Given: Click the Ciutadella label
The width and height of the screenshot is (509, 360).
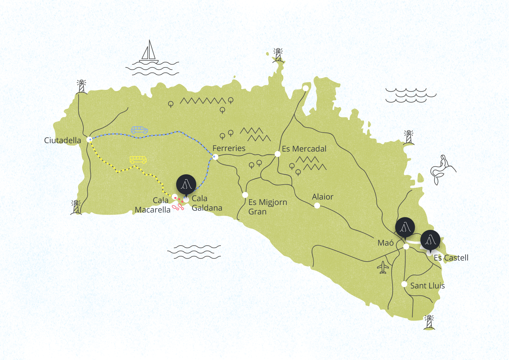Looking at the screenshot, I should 62,140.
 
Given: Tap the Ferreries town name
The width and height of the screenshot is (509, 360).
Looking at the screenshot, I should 229,148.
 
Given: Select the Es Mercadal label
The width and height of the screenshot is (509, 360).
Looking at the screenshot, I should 304,149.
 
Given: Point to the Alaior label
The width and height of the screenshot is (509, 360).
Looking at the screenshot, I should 323,197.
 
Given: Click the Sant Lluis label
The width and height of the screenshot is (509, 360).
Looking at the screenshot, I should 427,286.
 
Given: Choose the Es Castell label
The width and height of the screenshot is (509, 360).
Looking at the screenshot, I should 451,258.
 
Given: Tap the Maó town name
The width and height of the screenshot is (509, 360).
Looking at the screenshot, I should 385,243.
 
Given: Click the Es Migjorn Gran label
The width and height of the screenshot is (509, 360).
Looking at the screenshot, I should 268,207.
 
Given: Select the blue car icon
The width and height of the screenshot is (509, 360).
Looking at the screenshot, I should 139,130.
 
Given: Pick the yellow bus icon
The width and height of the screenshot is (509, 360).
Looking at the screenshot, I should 138,160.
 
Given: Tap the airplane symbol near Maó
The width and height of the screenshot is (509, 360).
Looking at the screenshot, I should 383,267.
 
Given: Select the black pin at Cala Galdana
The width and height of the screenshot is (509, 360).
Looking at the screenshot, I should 186,185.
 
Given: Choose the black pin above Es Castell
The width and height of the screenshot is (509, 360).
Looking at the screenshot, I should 430,240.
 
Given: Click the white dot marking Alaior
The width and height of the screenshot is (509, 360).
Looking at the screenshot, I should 317,206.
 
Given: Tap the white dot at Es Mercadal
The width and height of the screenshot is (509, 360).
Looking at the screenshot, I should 278,154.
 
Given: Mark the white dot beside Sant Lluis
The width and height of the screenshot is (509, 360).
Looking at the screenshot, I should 404,284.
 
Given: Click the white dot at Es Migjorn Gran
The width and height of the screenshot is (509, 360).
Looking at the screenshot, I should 245,195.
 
